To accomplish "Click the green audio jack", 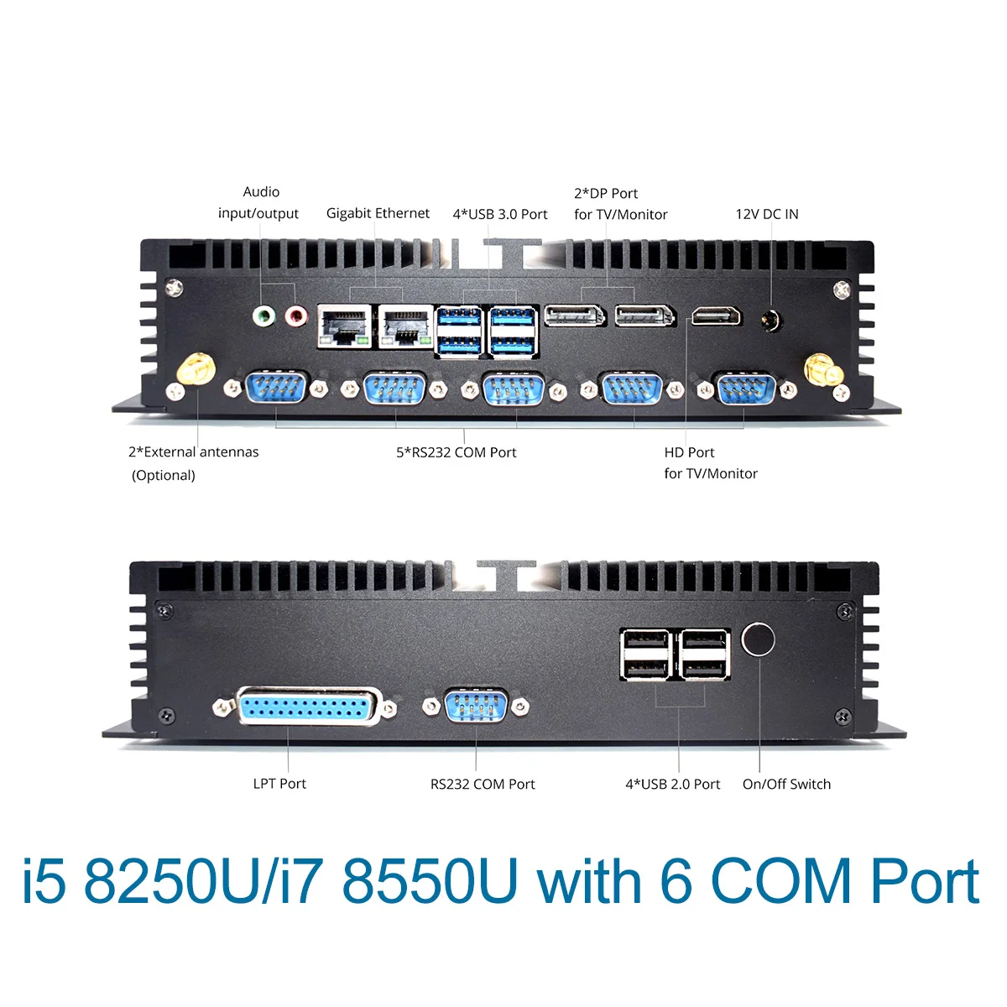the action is click(x=264, y=316).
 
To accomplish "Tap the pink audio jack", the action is click(x=295, y=316).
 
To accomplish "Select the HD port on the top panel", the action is click(x=716, y=317).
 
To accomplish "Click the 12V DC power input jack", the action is click(x=771, y=320).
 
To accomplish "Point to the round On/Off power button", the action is click(x=759, y=639).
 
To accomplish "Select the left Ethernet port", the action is click(x=344, y=326).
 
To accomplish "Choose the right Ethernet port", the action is click(x=405, y=326).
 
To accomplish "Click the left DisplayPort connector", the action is click(x=575, y=316).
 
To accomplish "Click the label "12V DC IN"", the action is click(x=767, y=214).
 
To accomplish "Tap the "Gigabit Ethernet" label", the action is click(x=378, y=213).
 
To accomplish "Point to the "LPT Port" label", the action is click(x=279, y=783).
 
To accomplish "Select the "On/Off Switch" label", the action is click(x=786, y=784).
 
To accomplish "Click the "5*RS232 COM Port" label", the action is click(x=457, y=452).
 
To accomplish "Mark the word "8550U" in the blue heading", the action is click(x=430, y=882).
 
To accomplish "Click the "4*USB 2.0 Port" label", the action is click(x=672, y=784).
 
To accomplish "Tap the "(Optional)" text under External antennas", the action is click(x=164, y=475).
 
